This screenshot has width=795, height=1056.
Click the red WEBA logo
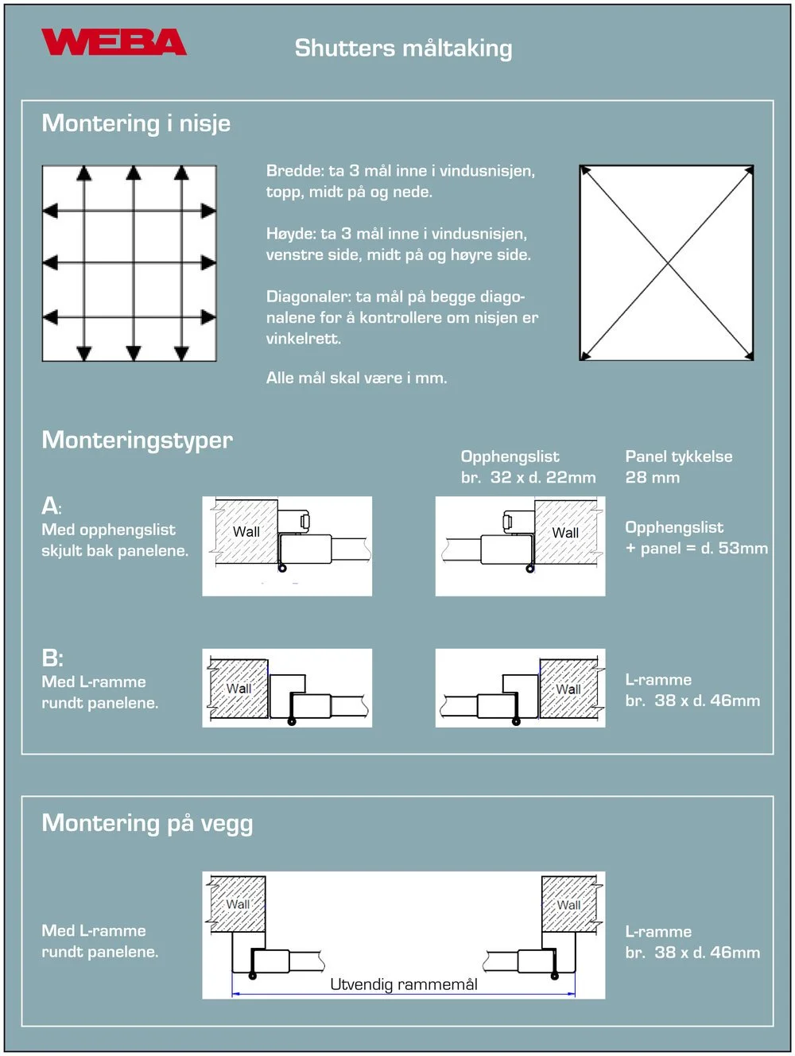114,42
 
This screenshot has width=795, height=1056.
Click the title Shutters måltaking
403,49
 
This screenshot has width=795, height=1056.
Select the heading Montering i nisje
136,123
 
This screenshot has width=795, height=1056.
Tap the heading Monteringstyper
137,440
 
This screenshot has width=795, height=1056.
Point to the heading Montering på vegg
147,823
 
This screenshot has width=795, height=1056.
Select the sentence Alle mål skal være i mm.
356,379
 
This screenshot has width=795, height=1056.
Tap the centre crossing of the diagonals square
667,262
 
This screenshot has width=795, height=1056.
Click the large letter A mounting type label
50,506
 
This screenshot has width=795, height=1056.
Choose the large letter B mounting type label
52,658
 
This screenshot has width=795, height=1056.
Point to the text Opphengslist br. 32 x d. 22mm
528,468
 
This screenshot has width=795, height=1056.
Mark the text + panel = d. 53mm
696,549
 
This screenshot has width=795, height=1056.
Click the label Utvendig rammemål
404,984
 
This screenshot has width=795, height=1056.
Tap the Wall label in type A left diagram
246,532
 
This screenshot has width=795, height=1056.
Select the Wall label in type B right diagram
568,689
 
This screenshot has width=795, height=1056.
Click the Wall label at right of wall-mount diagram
568,905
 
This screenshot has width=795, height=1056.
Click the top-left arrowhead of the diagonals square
585,170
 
